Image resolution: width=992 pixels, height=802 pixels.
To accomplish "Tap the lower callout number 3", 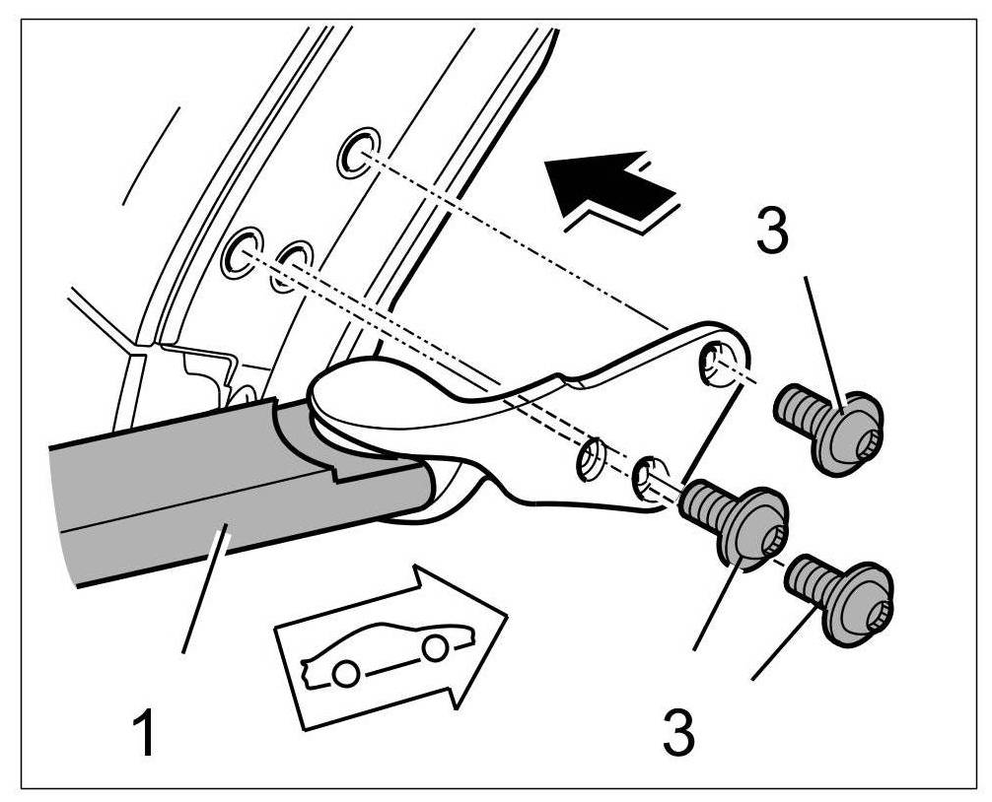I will (x=677, y=731).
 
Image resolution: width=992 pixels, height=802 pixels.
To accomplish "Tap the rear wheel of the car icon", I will (x=344, y=675).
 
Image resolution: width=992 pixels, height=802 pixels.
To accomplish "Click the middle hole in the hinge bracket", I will (x=592, y=458).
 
